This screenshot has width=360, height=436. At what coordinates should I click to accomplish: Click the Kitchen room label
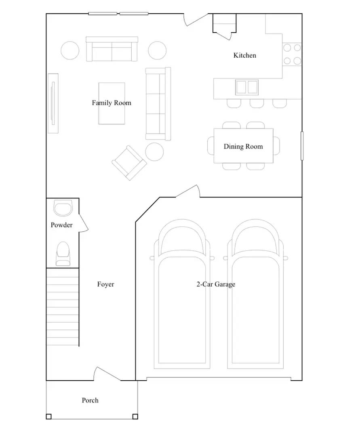244,55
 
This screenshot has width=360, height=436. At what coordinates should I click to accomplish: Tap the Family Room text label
112,103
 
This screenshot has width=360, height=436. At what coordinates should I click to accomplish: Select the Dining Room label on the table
243,147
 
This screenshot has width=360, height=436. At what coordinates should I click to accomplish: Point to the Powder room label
61,225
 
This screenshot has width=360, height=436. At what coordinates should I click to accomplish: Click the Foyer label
105,284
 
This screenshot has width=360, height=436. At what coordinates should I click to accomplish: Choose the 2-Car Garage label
216,284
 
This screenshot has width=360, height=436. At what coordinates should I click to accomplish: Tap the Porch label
90,400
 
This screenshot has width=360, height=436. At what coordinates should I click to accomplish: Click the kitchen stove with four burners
292,55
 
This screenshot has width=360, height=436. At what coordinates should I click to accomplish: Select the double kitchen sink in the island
246,87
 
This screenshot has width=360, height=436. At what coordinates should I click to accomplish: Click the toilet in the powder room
63,254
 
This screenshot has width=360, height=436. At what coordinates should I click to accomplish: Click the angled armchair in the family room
129,163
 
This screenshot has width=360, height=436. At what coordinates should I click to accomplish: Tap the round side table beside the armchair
154,152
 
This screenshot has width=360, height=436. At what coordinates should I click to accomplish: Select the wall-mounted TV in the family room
53,103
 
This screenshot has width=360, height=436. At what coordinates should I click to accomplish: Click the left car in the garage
181,295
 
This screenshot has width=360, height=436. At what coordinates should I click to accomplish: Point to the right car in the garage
255,295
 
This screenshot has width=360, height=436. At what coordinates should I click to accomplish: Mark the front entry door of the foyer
107,374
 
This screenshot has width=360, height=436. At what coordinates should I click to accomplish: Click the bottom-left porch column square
48,416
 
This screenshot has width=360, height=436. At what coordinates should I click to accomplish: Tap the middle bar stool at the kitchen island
257,103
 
